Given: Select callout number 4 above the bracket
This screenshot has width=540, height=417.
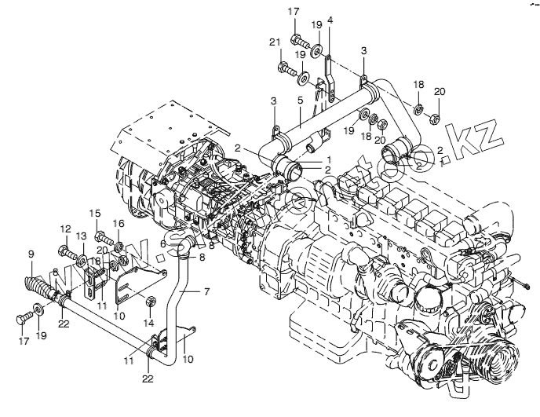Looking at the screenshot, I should (330, 19).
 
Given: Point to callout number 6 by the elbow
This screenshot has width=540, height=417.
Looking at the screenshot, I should (163, 244).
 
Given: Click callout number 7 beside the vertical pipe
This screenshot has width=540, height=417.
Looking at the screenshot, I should (206, 291).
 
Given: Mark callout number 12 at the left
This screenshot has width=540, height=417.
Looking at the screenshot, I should (65, 229).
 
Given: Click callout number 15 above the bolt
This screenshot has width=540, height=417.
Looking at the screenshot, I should (95, 213).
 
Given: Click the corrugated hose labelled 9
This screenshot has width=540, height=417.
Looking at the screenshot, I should (38, 285).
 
